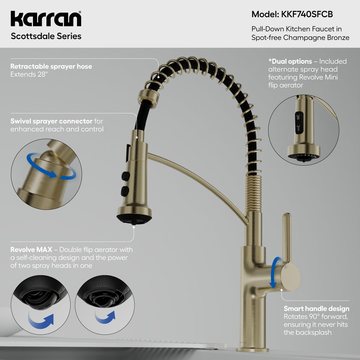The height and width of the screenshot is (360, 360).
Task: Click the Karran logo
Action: pyautogui.click(x=46, y=19)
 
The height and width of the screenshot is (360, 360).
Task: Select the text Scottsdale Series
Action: pyautogui.click(x=46, y=36)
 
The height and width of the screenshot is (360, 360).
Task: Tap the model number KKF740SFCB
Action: pyautogui.click(x=307, y=14)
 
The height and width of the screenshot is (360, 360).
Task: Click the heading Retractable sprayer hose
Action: pyautogui.click(x=51, y=66)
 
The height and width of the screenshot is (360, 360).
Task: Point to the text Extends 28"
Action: pyautogui.click(x=29, y=75)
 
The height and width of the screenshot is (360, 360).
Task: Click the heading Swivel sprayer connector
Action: pyautogui.click(x=51, y=121)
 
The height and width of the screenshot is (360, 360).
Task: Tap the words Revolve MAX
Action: pyautogui.click(x=31, y=250)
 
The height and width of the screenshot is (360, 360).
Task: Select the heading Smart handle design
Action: pyautogui.click(x=316, y=309)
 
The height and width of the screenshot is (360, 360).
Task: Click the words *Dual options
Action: pyautogui.click(x=290, y=61)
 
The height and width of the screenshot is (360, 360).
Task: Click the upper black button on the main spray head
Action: pyautogui.click(x=126, y=176)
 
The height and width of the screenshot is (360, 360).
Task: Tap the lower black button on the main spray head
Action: pyautogui.click(x=125, y=191)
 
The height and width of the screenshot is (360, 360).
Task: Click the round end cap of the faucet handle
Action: pyautogui.click(x=291, y=277)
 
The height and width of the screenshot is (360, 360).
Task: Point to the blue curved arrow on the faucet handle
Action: pyautogui.click(x=274, y=272)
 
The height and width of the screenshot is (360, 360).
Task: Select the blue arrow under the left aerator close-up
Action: pyautogui.click(x=41, y=321)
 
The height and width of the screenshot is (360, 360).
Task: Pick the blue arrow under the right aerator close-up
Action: pyautogui.click(x=105, y=317)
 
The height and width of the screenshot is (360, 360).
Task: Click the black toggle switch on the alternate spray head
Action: pyautogui.click(x=299, y=123)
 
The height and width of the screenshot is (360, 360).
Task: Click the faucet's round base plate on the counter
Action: pyautogui.click(x=252, y=350)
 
